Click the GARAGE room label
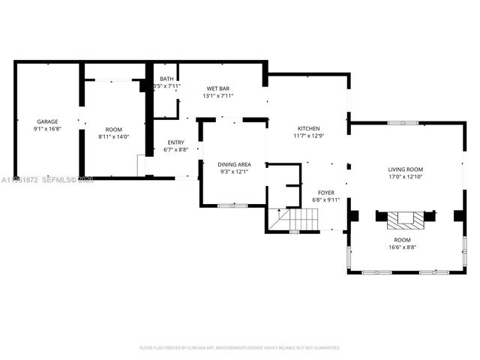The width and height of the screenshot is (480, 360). click(47, 121)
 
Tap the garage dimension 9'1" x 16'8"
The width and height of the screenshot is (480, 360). click(47, 129)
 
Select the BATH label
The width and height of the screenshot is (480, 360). click(166, 79)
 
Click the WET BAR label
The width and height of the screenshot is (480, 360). click(218, 88)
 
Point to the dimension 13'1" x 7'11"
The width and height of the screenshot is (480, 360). click(218, 96)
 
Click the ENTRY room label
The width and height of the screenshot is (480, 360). click(175, 142)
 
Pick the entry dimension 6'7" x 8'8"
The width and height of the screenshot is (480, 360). click(175, 150)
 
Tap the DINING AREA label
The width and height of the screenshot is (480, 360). click(234, 164)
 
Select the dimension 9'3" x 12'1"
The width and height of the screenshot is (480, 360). click(234, 172)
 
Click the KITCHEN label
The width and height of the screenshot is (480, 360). click(308, 128)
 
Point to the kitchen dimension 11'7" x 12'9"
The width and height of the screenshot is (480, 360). click(308, 136)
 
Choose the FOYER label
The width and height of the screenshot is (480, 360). click(326, 193)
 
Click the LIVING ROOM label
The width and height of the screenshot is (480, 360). click(405, 169)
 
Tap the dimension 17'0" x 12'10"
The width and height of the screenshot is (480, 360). click(405, 177)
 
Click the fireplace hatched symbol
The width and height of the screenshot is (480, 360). click(405, 220)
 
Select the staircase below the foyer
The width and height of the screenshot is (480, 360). click(298, 220)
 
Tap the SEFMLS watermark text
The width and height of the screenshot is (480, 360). click(56, 180)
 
